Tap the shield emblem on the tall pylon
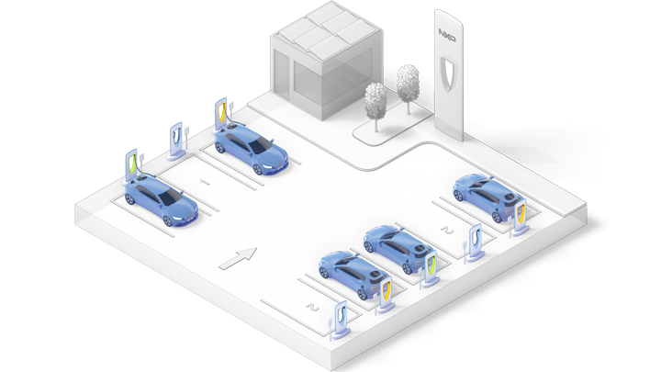pyautogui.click(x=448, y=73)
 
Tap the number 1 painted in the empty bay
pyautogui.click(x=205, y=183)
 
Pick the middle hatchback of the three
pyautogui.click(x=396, y=249)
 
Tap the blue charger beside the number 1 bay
pyautogui.click(x=176, y=140)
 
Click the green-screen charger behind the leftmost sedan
pyautogui.click(x=133, y=166)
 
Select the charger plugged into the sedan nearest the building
pyautogui.click(x=222, y=114)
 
